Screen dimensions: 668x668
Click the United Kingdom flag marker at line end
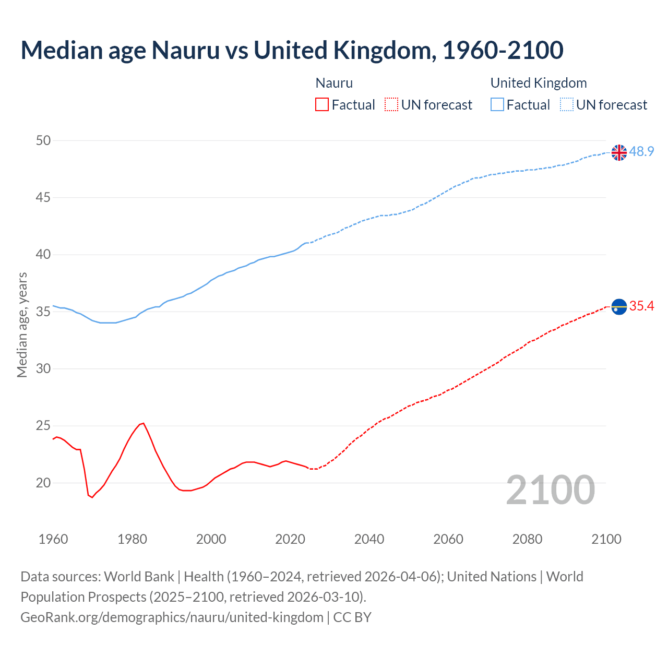click(619, 152)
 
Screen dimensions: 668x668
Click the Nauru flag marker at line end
click(619, 307)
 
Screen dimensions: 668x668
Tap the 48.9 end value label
click(641, 152)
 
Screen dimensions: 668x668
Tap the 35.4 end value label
click(641, 306)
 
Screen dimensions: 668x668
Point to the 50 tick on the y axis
click(44, 140)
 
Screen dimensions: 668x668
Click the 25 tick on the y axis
click(44, 426)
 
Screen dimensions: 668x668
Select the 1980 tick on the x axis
click(132, 539)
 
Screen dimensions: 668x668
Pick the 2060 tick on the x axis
click(448, 539)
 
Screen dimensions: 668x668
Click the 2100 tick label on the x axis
click(606, 539)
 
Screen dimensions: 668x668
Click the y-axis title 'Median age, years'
click(22, 325)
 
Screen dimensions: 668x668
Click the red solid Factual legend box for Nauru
click(322, 105)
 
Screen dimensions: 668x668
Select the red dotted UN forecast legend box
click(391, 105)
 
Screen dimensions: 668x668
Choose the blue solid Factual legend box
click(497, 105)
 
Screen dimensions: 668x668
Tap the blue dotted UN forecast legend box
click(566, 105)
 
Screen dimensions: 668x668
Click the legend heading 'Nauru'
click(334, 83)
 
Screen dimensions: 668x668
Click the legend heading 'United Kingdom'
click(539, 83)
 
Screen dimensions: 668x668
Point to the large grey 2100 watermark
click(551, 490)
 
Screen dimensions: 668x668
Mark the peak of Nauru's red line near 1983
click(143, 423)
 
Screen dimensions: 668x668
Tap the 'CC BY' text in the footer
click(352, 617)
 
